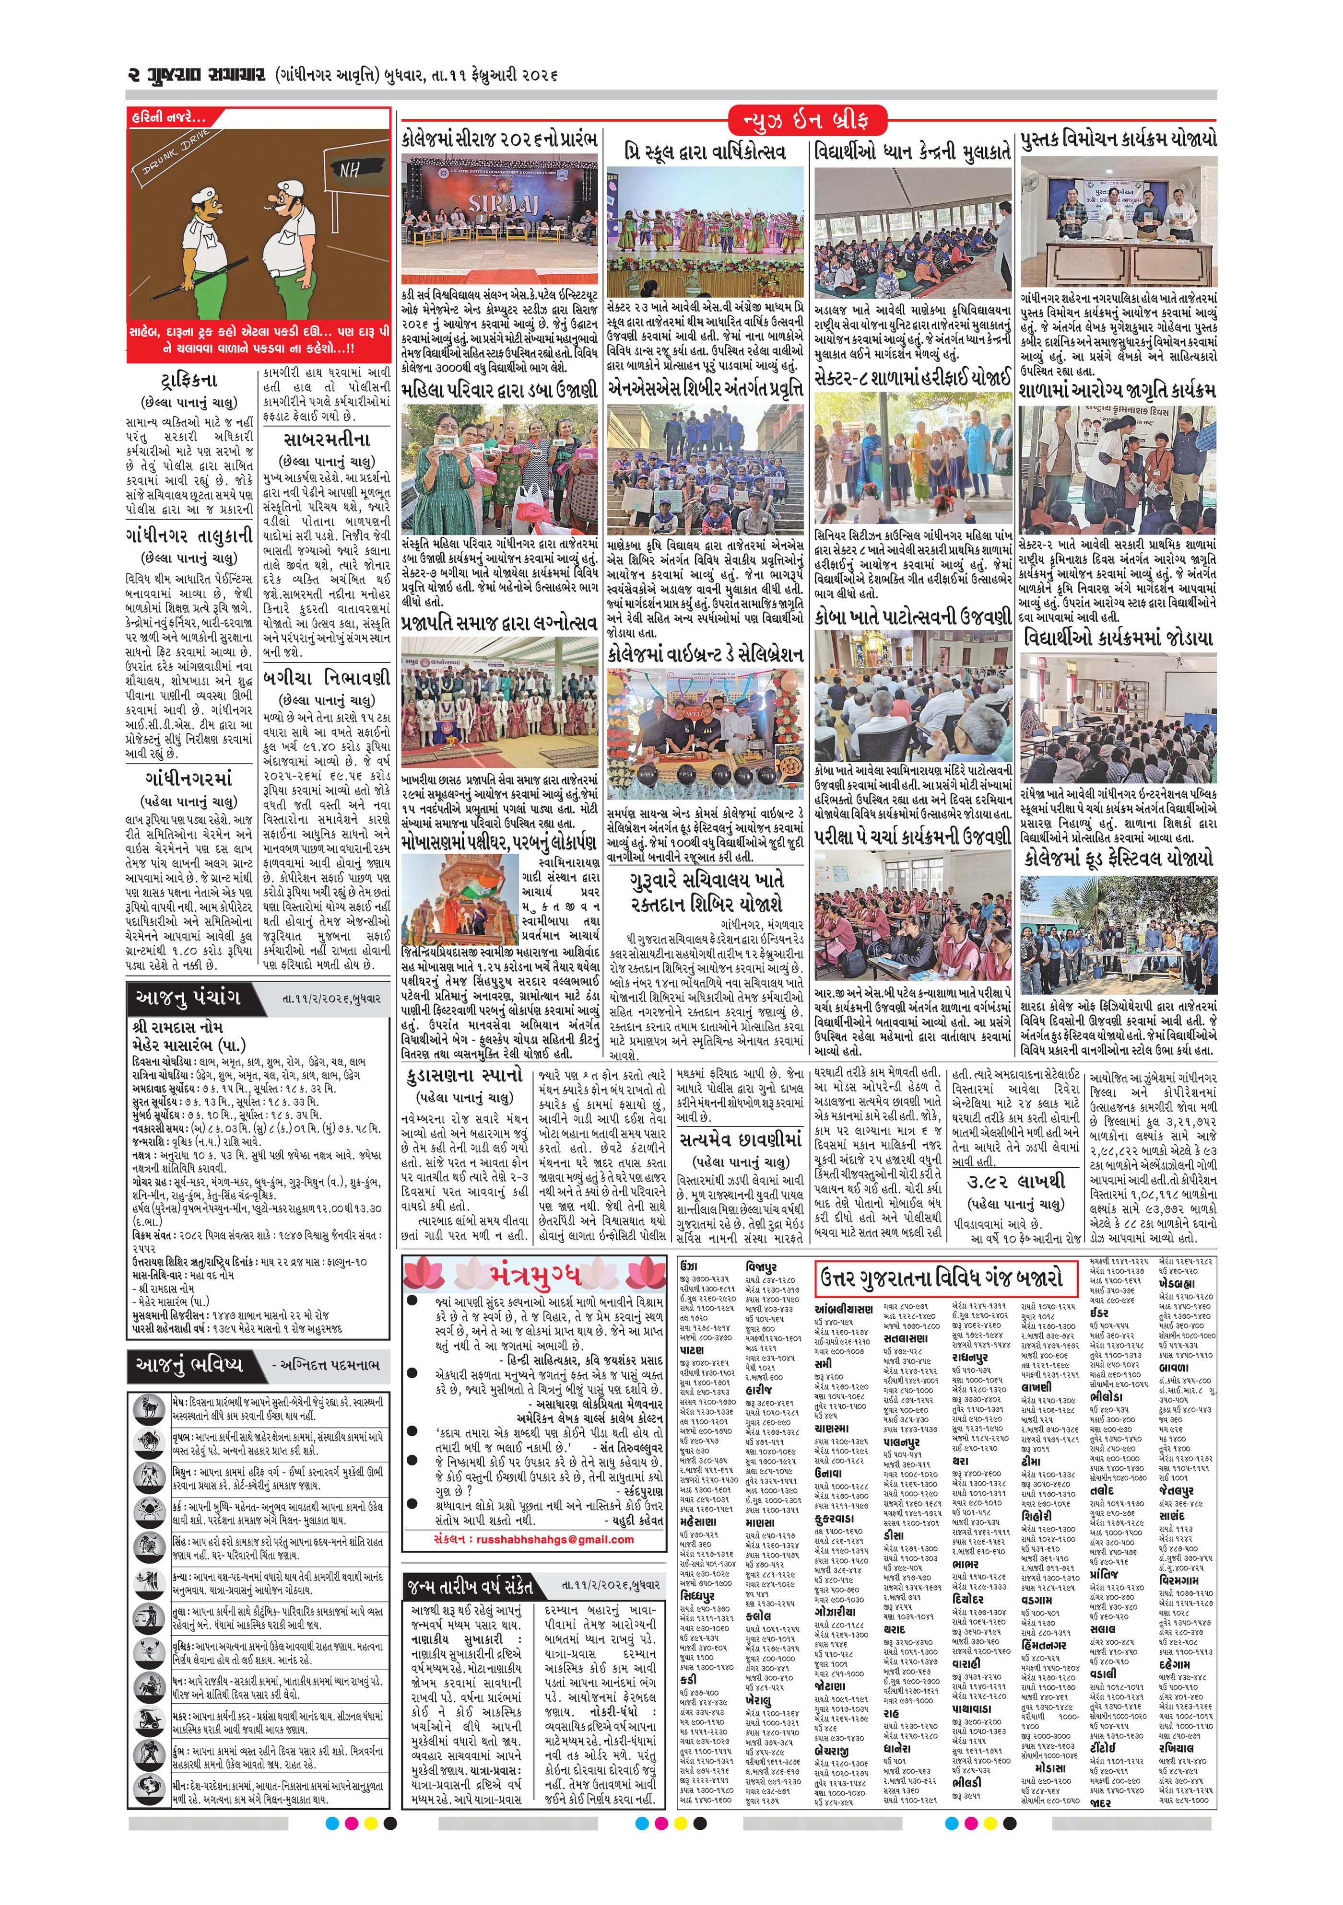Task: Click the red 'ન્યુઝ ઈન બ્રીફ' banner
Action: point(807,121)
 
